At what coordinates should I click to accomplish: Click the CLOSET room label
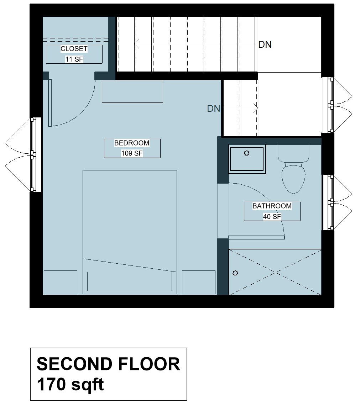click(x=74, y=49)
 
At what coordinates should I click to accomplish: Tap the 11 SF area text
click(x=74, y=59)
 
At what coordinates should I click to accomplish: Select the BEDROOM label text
click(x=132, y=143)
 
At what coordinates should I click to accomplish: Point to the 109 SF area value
click(x=132, y=153)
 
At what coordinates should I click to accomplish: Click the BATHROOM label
click(x=272, y=206)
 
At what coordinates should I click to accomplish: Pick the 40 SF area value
click(x=272, y=216)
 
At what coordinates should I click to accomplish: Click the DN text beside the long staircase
click(x=265, y=44)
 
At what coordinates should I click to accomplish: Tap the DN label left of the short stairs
click(x=214, y=109)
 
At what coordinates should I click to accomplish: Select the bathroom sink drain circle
click(x=246, y=153)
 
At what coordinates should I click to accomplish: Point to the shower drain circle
click(x=235, y=273)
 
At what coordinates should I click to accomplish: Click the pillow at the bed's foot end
click(x=130, y=281)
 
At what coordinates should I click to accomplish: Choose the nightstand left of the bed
click(x=60, y=282)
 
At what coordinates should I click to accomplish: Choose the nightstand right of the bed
click(x=199, y=282)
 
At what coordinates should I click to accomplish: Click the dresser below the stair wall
click(x=132, y=92)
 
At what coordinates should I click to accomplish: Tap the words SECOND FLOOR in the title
click(x=108, y=364)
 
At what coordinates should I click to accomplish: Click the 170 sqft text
click(x=70, y=385)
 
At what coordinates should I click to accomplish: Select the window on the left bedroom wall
click(x=33, y=154)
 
